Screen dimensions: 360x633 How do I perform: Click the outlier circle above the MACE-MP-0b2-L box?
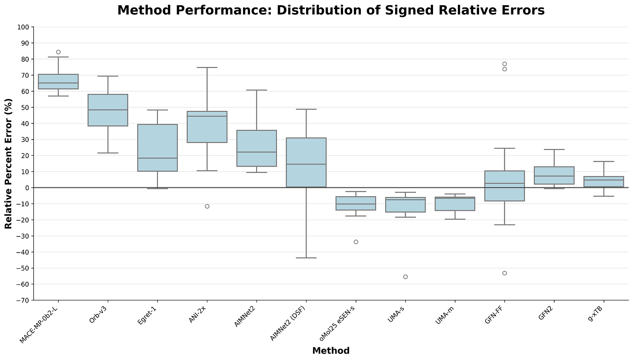tap(58, 52)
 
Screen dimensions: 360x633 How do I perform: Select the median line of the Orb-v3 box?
tap(108, 110)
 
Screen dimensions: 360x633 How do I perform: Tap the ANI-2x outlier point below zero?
tap(207, 206)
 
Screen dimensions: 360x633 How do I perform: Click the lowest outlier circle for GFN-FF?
tap(504, 273)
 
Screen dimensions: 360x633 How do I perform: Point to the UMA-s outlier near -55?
tap(405, 277)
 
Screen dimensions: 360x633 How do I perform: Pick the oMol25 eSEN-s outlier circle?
tap(356, 242)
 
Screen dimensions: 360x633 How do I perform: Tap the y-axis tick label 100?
tap(23, 27)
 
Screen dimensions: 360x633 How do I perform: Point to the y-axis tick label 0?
tap(27, 188)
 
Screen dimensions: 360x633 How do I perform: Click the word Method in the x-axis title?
tap(330, 351)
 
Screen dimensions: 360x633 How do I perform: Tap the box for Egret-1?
tap(157, 148)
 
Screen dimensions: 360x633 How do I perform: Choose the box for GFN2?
tap(554, 175)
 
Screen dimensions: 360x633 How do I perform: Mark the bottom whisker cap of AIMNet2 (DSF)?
tap(306, 258)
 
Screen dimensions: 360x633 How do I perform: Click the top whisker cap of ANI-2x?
tap(207, 67)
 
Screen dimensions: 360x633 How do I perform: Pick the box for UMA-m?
tap(455, 204)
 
